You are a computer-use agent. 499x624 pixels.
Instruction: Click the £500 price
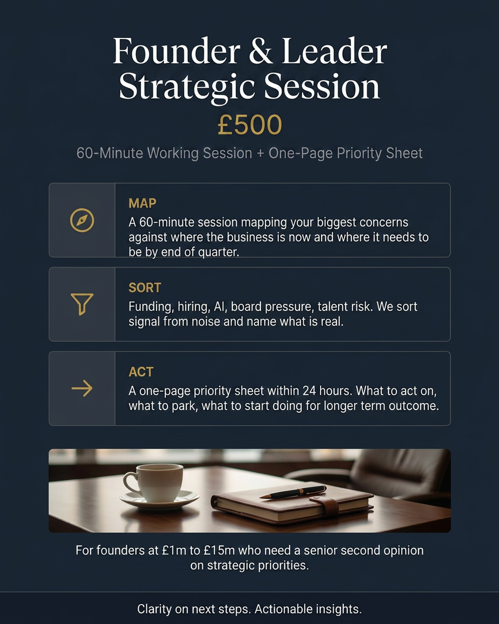tap(249, 125)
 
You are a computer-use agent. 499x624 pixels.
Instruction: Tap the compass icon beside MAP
tap(82, 220)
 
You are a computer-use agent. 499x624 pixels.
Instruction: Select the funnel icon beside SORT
tap(82, 304)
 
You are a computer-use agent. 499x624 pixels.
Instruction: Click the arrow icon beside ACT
tap(82, 388)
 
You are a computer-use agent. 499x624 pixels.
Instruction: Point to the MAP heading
tap(142, 203)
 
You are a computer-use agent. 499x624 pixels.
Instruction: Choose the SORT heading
tap(145, 288)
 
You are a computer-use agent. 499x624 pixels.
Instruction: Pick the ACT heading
tap(141, 372)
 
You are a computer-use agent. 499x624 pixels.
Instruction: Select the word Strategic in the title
tap(185, 86)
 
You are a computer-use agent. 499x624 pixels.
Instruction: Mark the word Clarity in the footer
tap(154, 609)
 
